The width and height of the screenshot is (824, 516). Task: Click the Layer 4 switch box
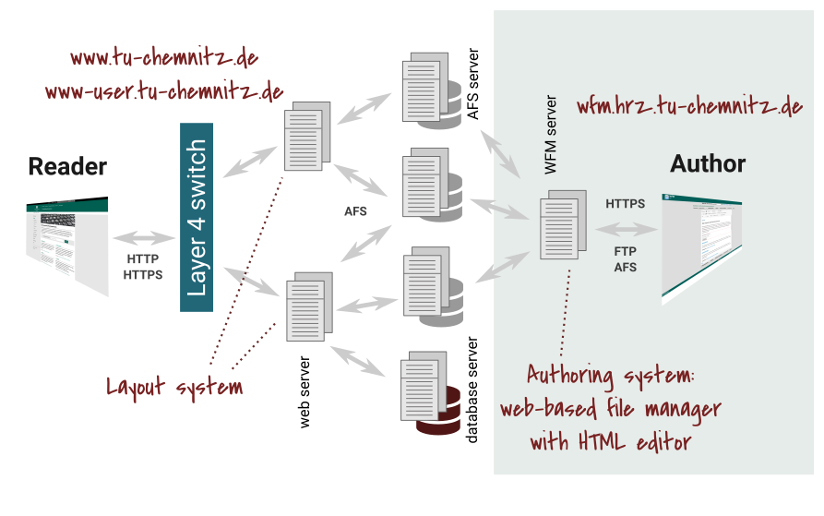coord(197,217)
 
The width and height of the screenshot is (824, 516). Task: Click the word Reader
coord(67,167)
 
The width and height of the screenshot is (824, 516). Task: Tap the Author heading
coord(708,164)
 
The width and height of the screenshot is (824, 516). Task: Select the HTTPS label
coord(626,204)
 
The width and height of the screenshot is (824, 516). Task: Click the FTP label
coord(626,251)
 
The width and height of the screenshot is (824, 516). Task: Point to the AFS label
coord(626,268)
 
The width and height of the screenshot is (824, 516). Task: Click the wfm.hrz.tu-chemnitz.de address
coord(689,106)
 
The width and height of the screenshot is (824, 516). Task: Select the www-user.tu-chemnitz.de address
coord(163,91)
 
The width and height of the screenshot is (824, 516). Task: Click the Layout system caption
coord(174,387)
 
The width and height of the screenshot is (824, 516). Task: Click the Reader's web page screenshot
coord(67,246)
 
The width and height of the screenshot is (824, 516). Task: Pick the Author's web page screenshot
coord(701,248)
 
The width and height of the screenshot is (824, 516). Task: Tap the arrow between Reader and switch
coord(143,238)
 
